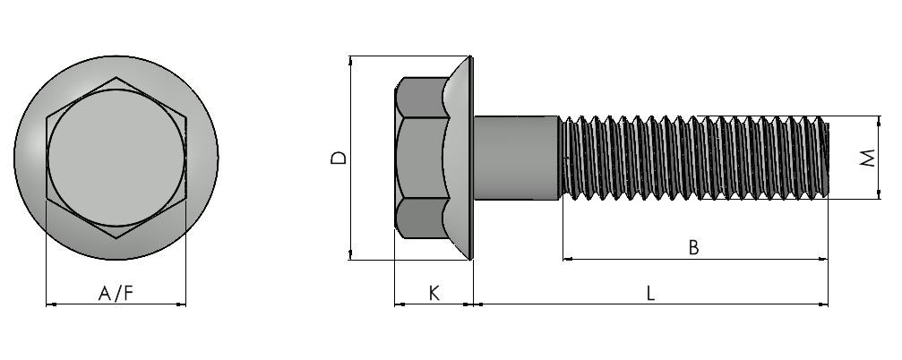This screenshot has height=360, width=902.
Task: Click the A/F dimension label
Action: pyautogui.click(x=116, y=294)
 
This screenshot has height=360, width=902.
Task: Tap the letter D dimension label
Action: pyautogui.click(x=339, y=159)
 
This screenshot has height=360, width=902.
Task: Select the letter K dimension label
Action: pyautogui.click(x=434, y=294)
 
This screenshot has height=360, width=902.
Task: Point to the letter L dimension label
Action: pyautogui.click(x=650, y=294)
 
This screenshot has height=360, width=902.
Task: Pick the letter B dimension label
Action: pyautogui.click(x=694, y=247)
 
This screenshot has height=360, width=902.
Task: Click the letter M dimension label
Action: pyautogui.click(x=867, y=159)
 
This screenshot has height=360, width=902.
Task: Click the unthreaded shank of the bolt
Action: pyautogui.click(x=515, y=159)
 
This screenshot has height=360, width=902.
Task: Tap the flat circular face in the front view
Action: pyautogui.click(x=116, y=158)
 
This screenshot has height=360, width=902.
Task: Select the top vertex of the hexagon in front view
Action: pyautogui.click(x=116, y=78)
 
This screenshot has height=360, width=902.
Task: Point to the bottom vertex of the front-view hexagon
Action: pyautogui.click(x=116, y=237)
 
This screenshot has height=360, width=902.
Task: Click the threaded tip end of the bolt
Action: pyautogui.click(x=827, y=159)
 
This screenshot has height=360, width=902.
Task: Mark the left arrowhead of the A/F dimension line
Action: pyautogui.click(x=49, y=304)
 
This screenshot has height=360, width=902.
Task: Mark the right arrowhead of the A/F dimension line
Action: pyautogui.click(x=183, y=304)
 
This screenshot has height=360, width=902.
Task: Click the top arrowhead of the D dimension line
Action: pyautogui.click(x=349, y=59)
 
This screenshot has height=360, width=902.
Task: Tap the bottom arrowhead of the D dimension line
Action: pyautogui.click(x=349, y=256)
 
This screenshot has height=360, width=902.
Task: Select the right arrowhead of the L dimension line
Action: pyautogui.click(x=824, y=304)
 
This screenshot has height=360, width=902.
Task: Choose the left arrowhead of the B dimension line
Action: pyautogui.click(x=567, y=260)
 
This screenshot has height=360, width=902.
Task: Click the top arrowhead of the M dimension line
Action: pyautogui.click(x=879, y=120)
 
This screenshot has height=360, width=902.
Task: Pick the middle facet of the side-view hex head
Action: pyautogui.click(x=422, y=159)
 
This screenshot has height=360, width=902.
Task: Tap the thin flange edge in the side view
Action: pyautogui.click(x=471, y=159)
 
